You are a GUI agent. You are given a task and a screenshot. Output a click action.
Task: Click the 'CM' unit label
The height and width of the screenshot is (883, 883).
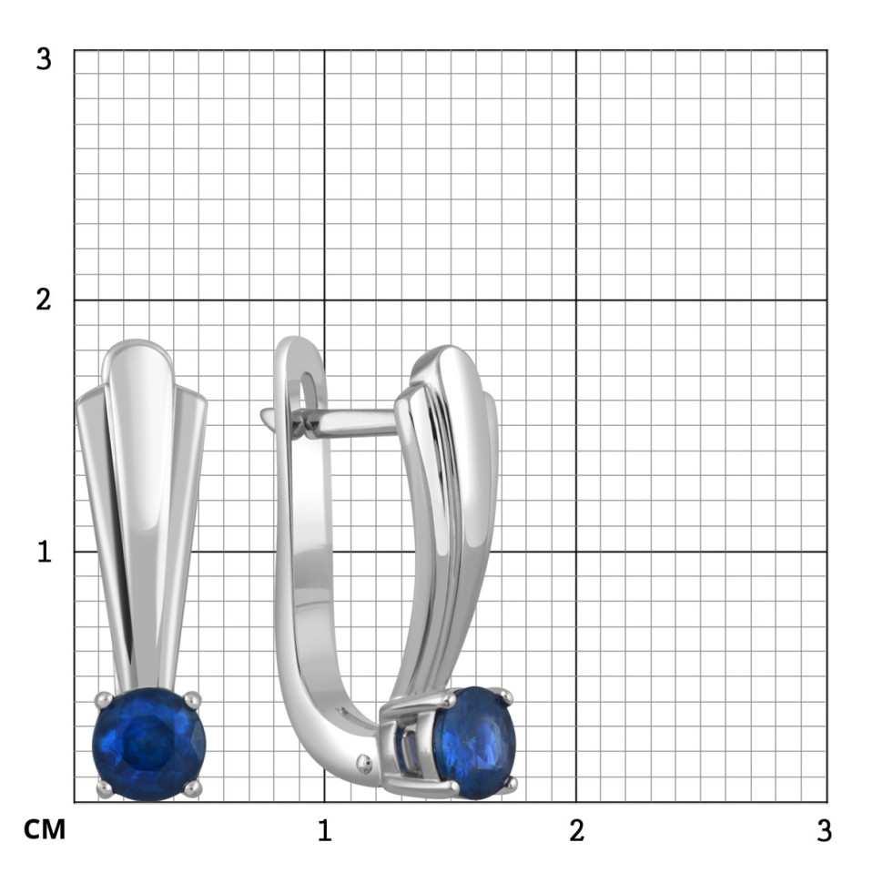coord(45,829)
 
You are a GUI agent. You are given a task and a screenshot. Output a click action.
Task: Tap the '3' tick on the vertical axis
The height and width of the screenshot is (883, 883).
coord(44,59)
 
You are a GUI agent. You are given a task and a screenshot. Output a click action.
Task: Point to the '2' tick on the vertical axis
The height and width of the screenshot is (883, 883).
coord(44,299)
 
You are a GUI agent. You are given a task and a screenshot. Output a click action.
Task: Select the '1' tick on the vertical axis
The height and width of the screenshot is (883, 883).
coord(45,552)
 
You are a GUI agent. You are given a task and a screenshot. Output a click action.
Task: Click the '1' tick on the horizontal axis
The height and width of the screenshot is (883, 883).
coord(324,830)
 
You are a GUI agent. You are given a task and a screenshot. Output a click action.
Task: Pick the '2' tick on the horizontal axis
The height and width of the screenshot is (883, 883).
coord(576,830)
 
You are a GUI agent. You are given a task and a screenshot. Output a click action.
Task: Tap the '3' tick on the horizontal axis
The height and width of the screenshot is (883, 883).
coord(824,830)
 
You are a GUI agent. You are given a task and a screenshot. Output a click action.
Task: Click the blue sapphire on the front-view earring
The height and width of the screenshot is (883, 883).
coord(149,744)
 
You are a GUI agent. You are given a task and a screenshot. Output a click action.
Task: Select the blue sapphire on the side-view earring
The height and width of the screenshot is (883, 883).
coord(474,743)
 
